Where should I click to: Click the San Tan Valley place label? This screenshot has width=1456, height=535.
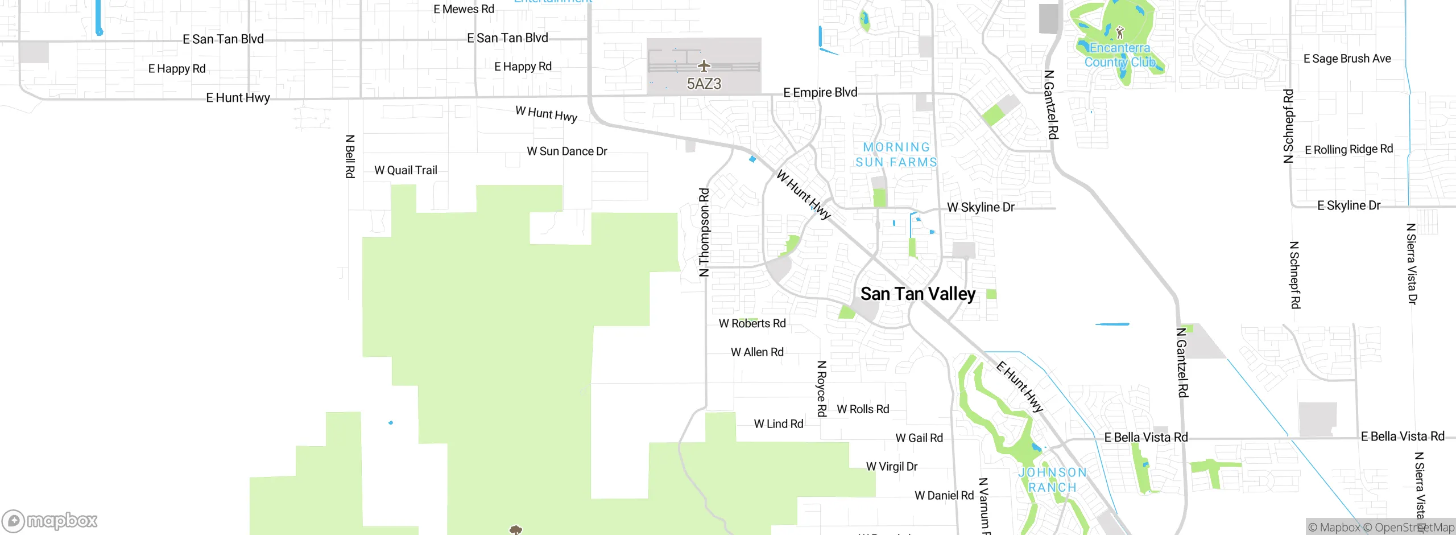coord(918,294)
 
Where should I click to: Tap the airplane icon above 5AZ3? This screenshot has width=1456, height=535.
coord(704,66)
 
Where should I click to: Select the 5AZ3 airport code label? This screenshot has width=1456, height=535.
coord(704,84)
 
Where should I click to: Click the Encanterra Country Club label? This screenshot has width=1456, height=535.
coord(1120,55)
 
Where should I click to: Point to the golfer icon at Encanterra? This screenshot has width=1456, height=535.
coord(1120,32)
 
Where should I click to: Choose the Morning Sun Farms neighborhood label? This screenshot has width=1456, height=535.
coord(896,155)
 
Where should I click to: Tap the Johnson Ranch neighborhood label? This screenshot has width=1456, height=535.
coord(1052,480)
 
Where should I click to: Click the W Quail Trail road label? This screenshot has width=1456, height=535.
coord(406,170)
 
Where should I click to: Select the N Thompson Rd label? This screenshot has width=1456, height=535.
coord(704,232)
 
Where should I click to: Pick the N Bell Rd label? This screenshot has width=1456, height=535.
coord(350,157)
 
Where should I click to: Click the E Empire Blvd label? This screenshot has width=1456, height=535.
coord(820,92)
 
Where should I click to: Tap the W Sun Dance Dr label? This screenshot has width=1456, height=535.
coord(567,151)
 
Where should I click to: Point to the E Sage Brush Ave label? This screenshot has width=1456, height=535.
coord(1347,59)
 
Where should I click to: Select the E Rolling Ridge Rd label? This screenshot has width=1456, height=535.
coord(1349,150)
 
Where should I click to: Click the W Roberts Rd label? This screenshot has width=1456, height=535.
coord(752,323)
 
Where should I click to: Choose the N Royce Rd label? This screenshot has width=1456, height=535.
coord(821,388)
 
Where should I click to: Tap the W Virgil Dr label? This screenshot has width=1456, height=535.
coord(891,467)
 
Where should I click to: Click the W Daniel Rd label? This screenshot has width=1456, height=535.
coord(944,495)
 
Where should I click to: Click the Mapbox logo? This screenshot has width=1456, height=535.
coord(50,520)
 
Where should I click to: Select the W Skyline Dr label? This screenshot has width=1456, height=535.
coord(981,207)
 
